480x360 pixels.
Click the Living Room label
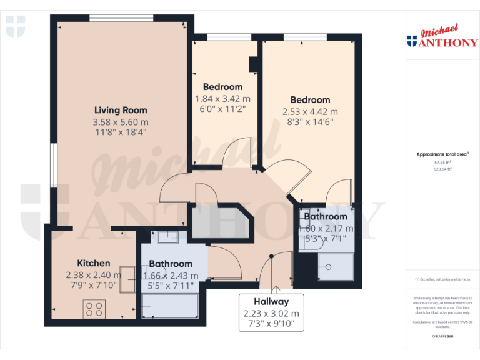tap(121, 110)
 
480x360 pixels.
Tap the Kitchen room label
tap(94, 263)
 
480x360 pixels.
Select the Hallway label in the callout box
tap(271, 301)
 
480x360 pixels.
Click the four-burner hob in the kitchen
tap(94, 308)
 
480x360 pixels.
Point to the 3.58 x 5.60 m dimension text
tap(121, 122)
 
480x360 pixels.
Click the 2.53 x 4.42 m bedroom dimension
tap(310, 111)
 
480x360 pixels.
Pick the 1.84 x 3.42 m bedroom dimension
tap(222, 98)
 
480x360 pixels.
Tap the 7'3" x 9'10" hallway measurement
tap(271, 324)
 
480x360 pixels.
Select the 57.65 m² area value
tap(442, 161)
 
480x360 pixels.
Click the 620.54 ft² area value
tap(442, 169)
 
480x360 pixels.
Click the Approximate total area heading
tap(442, 154)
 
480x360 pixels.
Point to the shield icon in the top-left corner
tap(16, 26)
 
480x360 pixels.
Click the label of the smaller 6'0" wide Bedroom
tap(222, 87)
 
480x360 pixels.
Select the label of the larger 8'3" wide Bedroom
tap(310, 100)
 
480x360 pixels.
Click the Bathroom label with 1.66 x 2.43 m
tap(171, 264)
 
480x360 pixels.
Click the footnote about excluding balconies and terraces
tap(442, 279)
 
